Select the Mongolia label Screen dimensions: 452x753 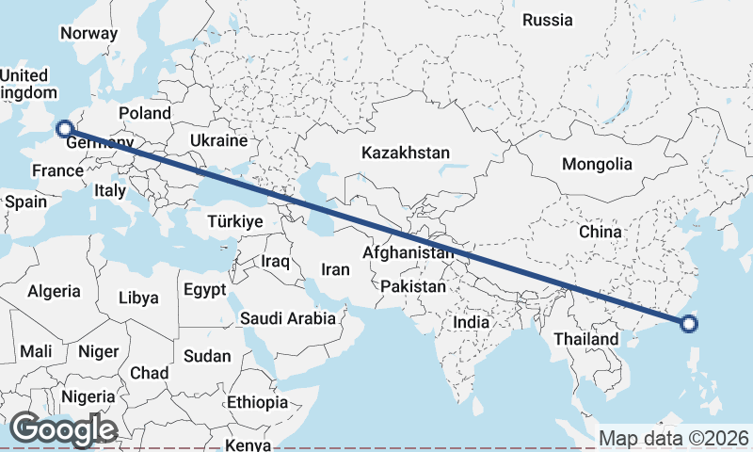click(597, 164)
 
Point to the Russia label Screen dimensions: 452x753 click(547, 20)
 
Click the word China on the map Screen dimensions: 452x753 click(601, 232)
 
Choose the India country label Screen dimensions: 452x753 click(471, 322)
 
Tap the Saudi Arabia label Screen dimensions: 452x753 click(288, 318)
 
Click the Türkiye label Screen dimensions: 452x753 click(234, 222)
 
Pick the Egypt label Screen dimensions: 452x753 click(205, 289)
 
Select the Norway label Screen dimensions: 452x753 click(88, 34)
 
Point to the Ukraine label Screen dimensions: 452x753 click(217, 140)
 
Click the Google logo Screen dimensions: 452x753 click(64, 429)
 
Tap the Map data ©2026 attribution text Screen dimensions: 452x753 click(674, 439)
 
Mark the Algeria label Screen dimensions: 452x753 click(54, 292)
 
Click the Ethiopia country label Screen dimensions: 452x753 click(257, 402)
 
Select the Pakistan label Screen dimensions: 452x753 click(414, 285)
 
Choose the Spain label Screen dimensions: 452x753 click(25, 202)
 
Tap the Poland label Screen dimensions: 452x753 click(145, 113)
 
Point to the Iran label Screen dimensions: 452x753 click(335, 269)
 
